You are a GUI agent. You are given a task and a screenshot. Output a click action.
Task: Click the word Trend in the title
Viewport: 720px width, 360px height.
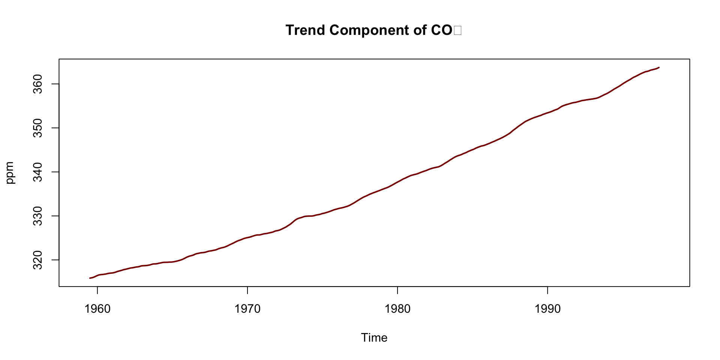point(305,30)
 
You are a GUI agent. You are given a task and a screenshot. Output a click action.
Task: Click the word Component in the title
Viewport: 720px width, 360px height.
point(369,30)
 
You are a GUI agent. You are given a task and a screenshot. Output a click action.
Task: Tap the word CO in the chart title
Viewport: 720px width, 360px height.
point(442,30)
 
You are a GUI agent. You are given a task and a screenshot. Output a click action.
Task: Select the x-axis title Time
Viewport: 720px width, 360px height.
point(374,337)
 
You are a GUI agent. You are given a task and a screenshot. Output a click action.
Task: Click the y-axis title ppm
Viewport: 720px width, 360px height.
point(10,172)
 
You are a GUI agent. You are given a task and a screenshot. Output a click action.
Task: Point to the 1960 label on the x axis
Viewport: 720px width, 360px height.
point(97,309)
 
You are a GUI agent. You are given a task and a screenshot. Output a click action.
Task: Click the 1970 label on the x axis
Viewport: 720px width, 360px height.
point(247,309)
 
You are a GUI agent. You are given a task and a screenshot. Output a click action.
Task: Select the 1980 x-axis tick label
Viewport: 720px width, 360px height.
point(397,309)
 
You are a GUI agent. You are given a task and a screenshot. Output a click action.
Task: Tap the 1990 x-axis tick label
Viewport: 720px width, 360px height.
point(547,309)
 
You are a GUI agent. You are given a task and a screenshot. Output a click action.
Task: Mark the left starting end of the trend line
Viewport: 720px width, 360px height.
point(90,278)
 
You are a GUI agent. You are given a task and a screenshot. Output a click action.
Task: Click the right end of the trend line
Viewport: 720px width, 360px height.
point(659,67)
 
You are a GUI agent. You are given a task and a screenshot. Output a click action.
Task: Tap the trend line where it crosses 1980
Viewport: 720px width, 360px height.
point(397,182)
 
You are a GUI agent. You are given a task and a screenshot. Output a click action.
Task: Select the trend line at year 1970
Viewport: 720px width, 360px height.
point(247,237)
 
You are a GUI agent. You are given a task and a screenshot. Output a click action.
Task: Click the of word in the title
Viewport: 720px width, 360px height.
point(420,30)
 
